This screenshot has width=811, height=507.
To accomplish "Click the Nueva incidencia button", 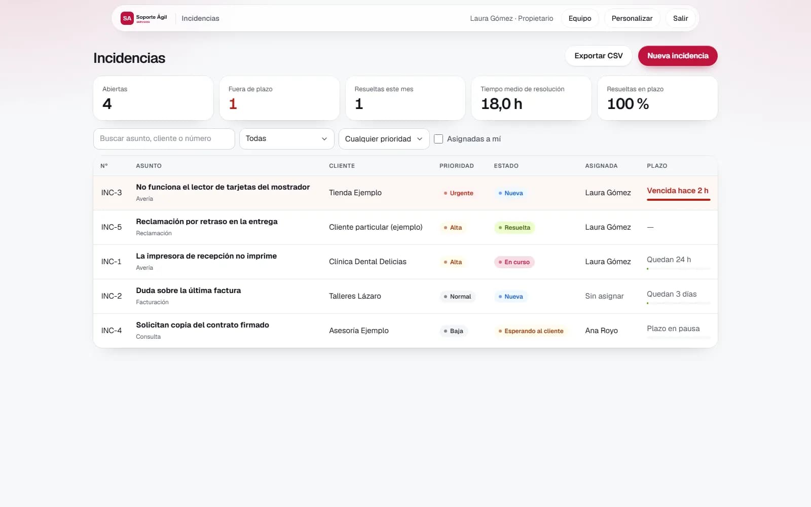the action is pos(677,56).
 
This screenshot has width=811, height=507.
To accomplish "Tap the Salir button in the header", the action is pos(680,18).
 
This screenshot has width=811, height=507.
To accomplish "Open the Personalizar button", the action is pos(632,18).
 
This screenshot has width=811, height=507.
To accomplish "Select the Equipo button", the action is pos(580,18).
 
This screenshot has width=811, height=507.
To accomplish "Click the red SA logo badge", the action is pos(127,18).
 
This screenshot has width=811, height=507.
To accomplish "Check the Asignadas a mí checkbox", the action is pos(438,139).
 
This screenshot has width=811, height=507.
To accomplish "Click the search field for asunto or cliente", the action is pos(164,139).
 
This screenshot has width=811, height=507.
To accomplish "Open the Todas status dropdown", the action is pos(286,139).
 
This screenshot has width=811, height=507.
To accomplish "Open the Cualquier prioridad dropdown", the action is pos(384,139).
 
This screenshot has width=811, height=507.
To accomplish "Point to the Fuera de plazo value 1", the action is pos(233,104).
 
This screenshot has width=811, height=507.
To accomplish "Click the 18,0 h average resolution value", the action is pos(501,104).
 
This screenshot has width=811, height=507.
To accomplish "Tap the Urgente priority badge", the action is pos(458,193).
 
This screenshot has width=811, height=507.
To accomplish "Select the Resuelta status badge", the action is pos(514,228).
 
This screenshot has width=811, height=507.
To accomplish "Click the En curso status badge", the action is pos(514,262).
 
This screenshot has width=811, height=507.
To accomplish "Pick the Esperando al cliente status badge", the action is pos(531,331).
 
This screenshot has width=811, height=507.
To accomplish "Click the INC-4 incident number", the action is pos(112,331).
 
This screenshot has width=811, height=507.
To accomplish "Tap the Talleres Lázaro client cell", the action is pos(355,296).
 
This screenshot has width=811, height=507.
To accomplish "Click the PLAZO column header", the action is pos(657,166).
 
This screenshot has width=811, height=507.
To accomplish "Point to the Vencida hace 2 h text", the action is pos(677,191).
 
